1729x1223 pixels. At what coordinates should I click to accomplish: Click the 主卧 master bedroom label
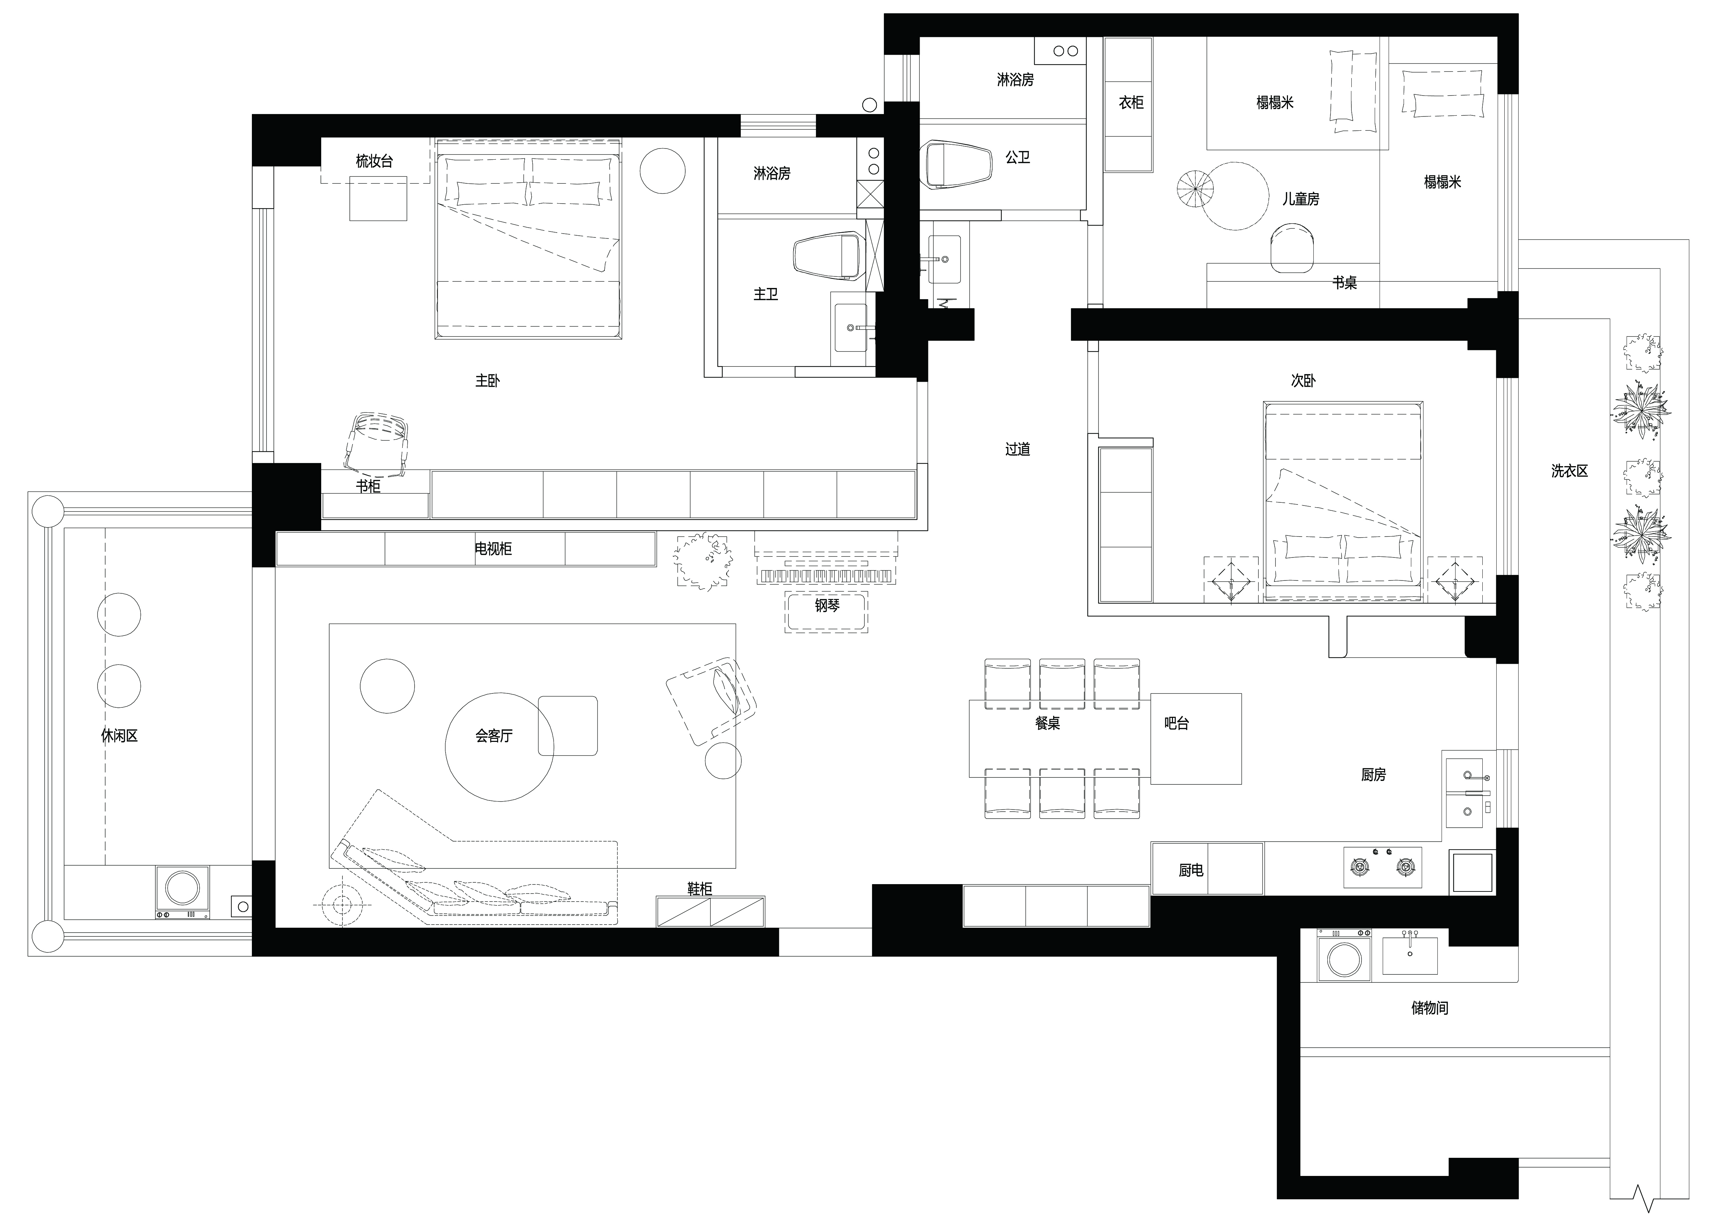(x=487, y=381)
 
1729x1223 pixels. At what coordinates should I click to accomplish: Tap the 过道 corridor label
(x=1017, y=449)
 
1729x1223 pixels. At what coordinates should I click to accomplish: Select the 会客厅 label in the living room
(x=494, y=736)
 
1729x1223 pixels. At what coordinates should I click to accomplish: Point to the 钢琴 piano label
(x=827, y=604)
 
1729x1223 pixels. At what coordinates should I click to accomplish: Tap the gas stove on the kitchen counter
(x=1383, y=867)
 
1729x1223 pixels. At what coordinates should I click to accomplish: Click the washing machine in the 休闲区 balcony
(x=182, y=892)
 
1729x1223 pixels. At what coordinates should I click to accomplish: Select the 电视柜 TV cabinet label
(x=493, y=549)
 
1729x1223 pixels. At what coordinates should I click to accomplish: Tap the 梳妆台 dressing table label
(x=374, y=160)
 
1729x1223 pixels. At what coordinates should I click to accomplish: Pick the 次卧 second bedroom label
(x=1304, y=381)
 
